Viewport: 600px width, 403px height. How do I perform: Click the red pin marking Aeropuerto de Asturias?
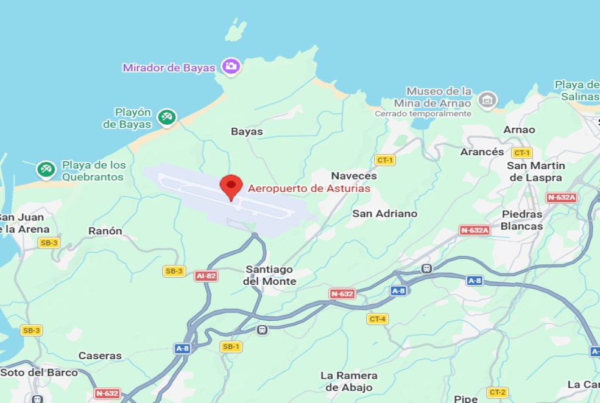(231, 185)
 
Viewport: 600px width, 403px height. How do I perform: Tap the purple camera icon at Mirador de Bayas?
(231, 66)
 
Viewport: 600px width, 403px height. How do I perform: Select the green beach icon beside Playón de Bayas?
(166, 117)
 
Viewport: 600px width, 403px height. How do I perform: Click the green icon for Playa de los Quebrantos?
(46, 169)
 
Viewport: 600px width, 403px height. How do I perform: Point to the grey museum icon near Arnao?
(487, 100)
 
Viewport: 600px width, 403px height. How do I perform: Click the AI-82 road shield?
(206, 276)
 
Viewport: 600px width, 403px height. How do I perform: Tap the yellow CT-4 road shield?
(378, 319)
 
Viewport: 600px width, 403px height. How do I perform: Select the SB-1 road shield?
(231, 346)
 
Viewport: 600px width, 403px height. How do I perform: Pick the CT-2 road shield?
(498, 392)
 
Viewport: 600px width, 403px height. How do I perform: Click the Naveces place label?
(354, 176)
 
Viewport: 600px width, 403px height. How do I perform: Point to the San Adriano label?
(385, 214)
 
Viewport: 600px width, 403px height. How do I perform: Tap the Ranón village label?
(105, 231)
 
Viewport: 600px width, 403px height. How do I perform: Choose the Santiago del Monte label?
(269, 275)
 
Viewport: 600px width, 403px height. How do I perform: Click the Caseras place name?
(100, 356)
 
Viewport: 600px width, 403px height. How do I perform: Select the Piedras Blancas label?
(521, 220)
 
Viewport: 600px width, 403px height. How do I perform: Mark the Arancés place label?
(482, 152)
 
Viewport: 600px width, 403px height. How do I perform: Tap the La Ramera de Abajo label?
(349, 381)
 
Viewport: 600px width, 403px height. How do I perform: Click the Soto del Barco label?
(39, 373)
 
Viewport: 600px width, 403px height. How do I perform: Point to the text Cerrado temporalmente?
(423, 114)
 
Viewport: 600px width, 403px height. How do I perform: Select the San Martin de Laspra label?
(536, 172)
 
